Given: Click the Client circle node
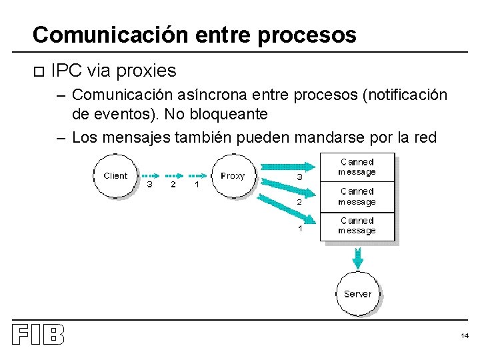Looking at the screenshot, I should pos(115,176).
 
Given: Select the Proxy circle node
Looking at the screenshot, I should pos(233,176).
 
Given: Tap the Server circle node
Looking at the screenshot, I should pos(358,293).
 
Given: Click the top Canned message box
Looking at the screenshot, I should pos(357,167).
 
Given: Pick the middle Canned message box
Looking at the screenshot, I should pos(357,197).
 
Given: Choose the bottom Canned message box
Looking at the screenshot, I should pos(357,226).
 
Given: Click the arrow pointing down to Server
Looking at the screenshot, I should pos(358,257).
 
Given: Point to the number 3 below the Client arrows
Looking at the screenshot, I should pos(149,185).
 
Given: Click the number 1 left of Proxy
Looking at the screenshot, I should pos(196,185).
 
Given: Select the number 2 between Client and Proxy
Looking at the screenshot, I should pos(173,185).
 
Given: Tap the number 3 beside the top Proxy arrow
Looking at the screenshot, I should pos(299,177).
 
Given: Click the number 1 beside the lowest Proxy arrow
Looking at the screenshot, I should pos(299,228).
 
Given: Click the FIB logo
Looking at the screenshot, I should pos(38,335).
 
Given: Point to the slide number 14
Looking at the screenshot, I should pos(464,336).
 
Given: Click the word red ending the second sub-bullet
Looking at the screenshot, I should pos(423,137).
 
